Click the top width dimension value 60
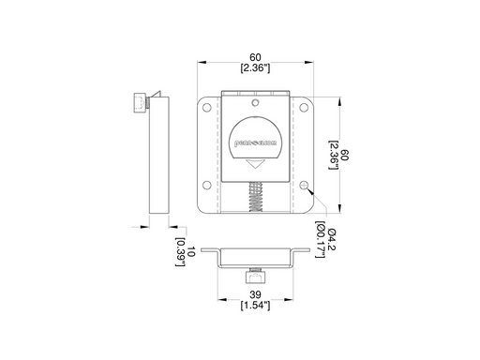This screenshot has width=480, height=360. [255, 56]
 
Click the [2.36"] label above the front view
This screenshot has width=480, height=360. [255, 68]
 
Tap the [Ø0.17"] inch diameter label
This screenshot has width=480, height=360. [320, 239]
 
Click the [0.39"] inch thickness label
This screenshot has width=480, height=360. [178, 251]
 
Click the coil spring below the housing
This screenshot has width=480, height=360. [255, 198]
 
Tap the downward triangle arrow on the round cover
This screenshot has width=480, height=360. [255, 163]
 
